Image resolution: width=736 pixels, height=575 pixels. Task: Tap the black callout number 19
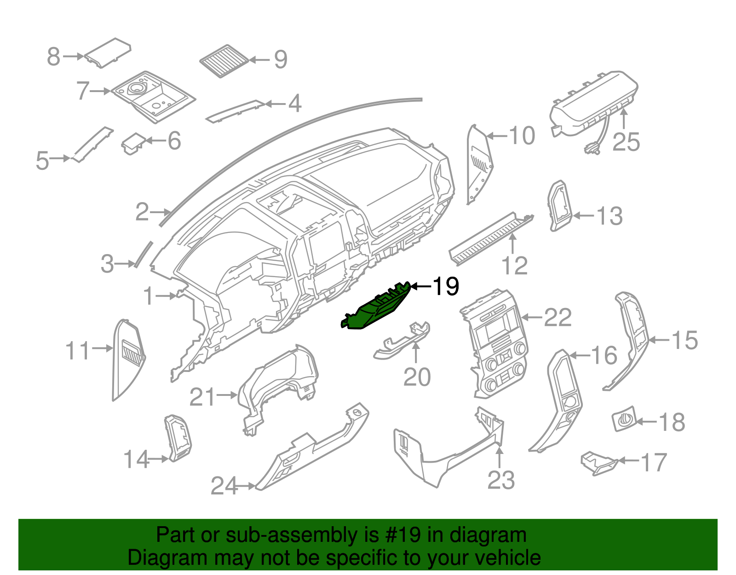pos(446,286)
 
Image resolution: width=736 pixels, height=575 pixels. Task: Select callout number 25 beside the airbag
pos(626,142)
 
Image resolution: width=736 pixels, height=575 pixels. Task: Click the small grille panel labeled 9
pos(224,61)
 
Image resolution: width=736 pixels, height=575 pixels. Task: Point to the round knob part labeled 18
pos(624,419)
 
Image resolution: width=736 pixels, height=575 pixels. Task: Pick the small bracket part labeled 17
pos(598,463)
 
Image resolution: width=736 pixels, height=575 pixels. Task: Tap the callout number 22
pos(558,318)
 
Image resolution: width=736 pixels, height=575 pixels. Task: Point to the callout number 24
pos(224,486)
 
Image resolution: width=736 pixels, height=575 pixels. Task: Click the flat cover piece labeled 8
pos(108,52)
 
